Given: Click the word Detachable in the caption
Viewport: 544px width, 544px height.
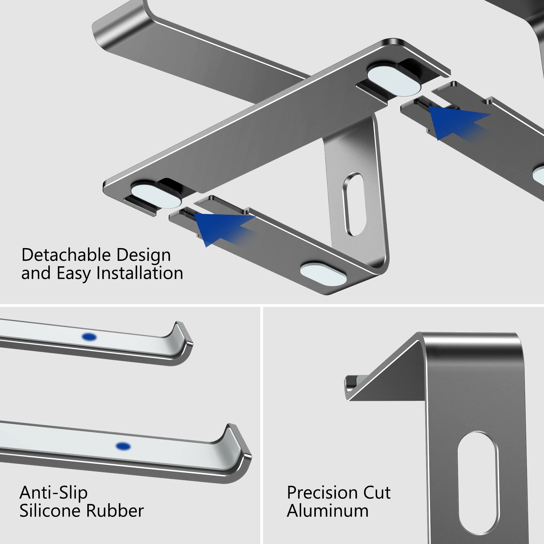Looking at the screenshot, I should click(x=66, y=255).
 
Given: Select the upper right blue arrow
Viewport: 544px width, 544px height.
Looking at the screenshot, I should click(x=456, y=121).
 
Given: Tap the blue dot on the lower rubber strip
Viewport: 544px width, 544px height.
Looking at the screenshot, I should click(x=123, y=446).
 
